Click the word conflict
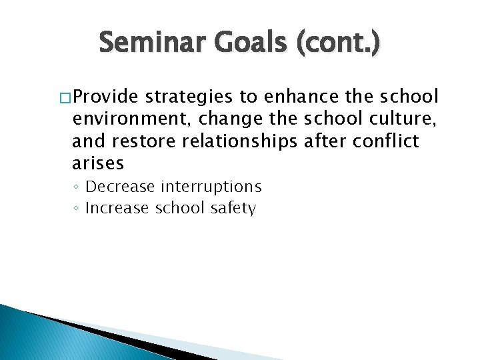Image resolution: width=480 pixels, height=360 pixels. tap(390, 141)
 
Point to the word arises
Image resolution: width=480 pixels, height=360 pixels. tap(98, 163)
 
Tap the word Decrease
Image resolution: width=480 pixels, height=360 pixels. tap(121, 187)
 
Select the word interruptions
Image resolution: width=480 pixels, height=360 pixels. tap(211, 187)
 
